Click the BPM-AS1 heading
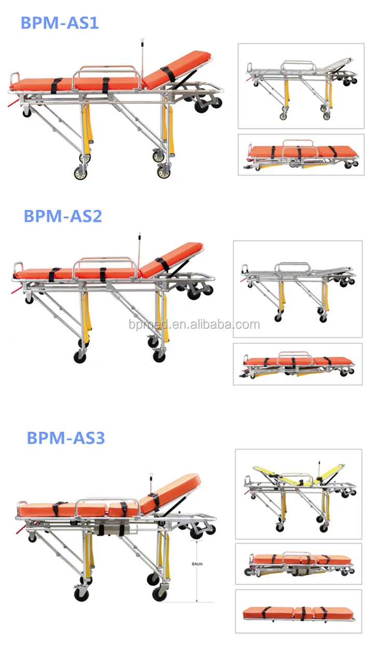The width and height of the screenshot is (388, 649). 59,23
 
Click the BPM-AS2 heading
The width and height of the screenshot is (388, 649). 62,216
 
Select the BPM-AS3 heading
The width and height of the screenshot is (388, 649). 65,438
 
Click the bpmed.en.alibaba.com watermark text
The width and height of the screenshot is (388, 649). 194,325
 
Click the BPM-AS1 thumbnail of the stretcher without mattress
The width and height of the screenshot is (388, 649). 301,86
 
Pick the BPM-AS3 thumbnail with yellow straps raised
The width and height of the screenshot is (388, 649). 298,493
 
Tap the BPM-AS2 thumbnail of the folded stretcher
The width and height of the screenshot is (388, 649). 297,364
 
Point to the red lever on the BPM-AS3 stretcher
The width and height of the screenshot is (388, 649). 20,529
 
